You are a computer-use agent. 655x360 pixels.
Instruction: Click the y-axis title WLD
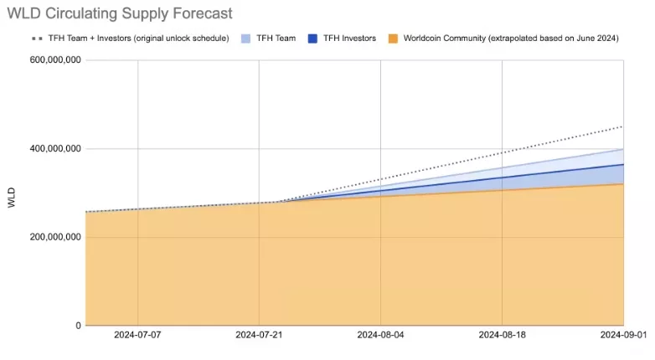[x=11, y=198]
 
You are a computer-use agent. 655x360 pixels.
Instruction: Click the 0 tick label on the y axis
[x=78, y=326]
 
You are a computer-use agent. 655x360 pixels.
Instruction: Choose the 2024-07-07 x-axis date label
[x=137, y=334]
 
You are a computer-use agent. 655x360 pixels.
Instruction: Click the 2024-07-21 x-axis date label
[x=259, y=334]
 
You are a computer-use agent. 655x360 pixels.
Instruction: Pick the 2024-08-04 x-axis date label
[x=380, y=334]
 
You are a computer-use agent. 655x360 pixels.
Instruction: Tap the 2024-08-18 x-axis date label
[x=502, y=334]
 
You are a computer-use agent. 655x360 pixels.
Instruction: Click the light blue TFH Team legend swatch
[x=245, y=38]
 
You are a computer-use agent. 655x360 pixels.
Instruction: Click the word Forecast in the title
[x=203, y=13]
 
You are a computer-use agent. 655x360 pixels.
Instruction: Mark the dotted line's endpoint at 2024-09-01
[x=623, y=126]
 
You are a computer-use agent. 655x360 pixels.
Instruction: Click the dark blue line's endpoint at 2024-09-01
[x=623, y=165]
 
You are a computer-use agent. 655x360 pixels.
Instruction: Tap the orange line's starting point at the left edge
[x=86, y=212]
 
